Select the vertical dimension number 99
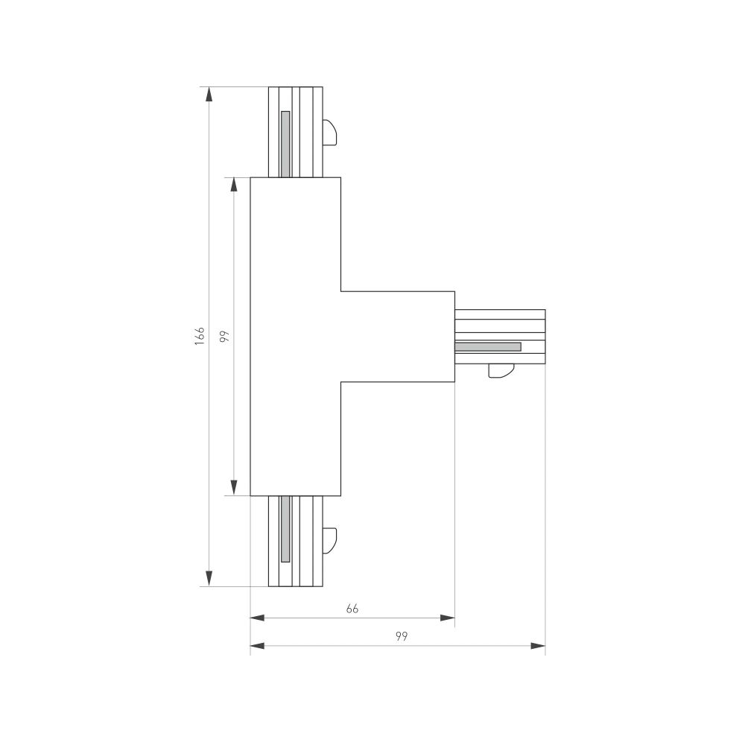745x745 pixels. click(224, 336)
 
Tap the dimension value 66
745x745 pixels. click(352, 609)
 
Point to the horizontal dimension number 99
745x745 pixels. click(402, 636)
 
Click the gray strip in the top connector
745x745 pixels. click(285, 143)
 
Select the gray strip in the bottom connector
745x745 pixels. click(285, 530)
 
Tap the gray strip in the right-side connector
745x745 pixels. click(488, 346)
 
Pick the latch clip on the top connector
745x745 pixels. click(330, 133)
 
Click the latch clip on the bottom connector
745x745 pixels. click(330, 539)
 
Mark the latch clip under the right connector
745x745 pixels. click(501, 370)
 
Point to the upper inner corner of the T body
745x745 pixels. click(341, 291)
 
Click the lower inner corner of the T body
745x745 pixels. click(341, 382)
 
